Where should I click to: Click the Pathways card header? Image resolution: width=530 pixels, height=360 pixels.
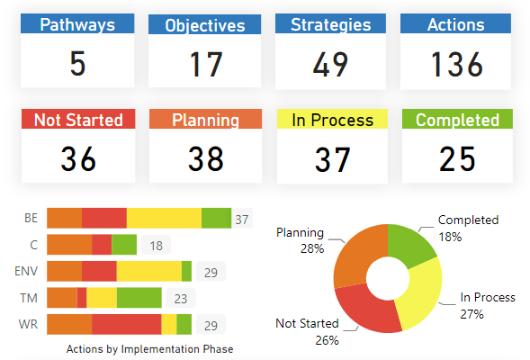point(78,25)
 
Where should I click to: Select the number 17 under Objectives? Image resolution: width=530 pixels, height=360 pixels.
point(205,65)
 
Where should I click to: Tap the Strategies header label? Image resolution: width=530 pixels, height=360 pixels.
point(330,25)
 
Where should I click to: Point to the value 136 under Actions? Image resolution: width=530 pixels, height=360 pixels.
point(457,65)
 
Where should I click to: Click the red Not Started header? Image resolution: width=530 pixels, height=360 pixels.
point(78,121)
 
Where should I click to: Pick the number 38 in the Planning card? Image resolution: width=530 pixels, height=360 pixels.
point(205,159)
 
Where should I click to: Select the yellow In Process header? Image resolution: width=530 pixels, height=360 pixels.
point(331,121)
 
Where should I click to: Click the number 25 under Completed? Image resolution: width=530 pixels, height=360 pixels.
point(457,159)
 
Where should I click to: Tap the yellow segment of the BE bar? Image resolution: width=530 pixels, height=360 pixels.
point(164,218)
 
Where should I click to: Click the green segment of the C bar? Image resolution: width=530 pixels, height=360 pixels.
point(124,245)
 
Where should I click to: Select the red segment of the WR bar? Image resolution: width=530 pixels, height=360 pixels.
point(126,324)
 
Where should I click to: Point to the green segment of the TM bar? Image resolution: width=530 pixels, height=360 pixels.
point(139,298)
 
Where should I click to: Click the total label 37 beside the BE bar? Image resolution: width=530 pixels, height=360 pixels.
point(241,219)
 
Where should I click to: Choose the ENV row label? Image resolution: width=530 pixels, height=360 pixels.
point(26,272)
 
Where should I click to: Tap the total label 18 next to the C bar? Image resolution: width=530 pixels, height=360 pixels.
point(156,245)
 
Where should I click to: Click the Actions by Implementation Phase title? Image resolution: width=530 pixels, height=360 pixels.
point(149,348)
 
